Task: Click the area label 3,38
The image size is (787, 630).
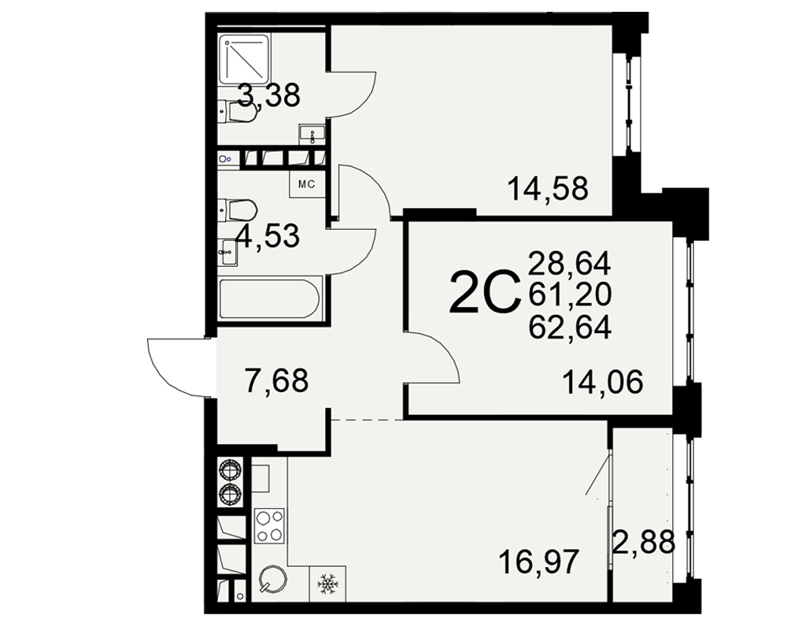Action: tap(268, 95)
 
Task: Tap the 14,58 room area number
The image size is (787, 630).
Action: tap(548, 188)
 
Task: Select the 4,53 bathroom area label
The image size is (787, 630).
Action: tap(268, 235)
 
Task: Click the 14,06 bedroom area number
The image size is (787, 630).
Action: tap(603, 382)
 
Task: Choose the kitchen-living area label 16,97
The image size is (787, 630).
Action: tap(539, 561)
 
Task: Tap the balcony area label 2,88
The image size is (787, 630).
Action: tap(644, 542)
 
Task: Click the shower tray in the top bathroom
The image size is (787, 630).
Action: tap(245, 58)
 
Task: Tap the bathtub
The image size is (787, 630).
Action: tap(269, 299)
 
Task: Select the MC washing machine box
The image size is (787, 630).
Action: tap(306, 184)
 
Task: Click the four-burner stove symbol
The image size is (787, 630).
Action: tap(270, 526)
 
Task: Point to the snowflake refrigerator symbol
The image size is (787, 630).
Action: tap(327, 584)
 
